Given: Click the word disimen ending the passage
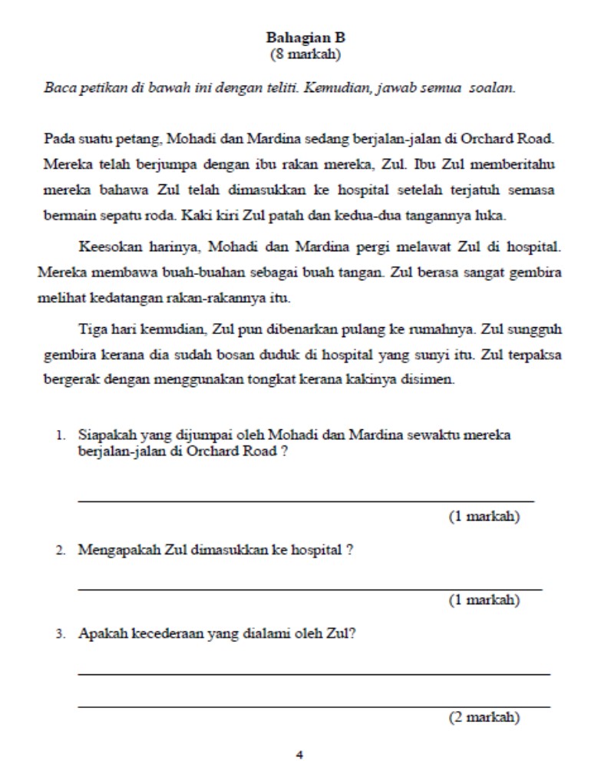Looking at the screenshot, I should point(428,379).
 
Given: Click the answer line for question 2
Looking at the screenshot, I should point(309,589).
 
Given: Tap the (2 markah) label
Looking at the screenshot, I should point(484,718).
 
